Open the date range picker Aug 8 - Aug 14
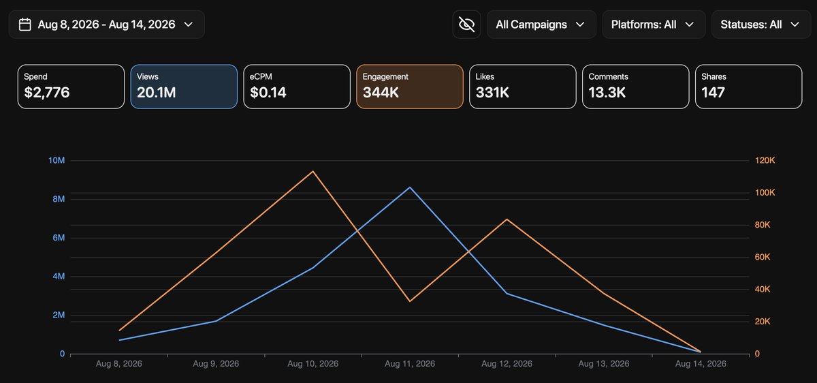point(106,25)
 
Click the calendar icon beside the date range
point(25,25)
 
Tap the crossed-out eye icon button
point(466,25)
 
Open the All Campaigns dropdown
point(541,25)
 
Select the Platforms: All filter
point(654,25)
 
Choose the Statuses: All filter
point(761,25)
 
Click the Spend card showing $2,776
point(71,87)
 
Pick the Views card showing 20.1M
point(184,87)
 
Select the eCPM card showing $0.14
point(297,87)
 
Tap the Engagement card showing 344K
point(410,87)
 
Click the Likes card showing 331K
point(523,87)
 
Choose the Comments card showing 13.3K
point(636,87)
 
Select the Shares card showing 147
point(748,87)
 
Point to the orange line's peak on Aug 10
point(313,171)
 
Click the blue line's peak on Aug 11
point(410,187)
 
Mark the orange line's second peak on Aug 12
point(507,219)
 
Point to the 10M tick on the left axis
point(57,160)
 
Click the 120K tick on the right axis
point(765,160)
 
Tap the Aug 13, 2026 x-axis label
point(604,364)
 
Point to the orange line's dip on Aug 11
point(410,301)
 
